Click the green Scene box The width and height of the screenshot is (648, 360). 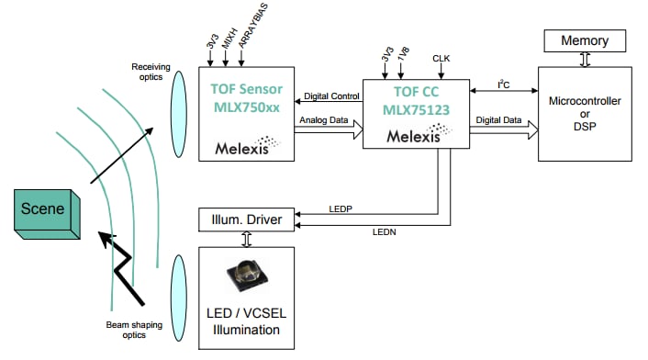(x=42, y=211)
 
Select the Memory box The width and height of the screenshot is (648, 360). (x=585, y=40)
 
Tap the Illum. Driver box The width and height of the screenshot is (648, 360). (x=247, y=220)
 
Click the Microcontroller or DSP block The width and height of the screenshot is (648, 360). (x=584, y=112)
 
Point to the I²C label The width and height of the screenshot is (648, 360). (x=503, y=84)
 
